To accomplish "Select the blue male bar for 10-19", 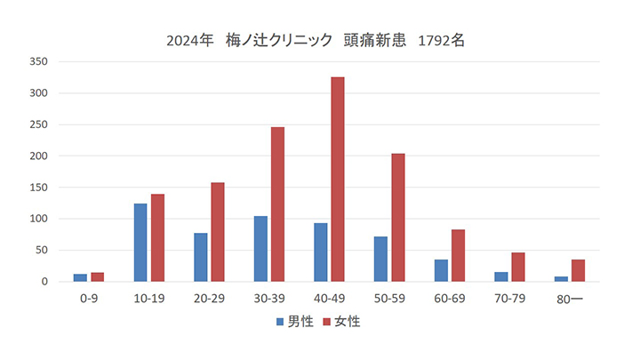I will coord(140,243).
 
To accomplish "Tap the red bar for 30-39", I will coord(277,204).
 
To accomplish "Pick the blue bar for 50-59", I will coord(380,260).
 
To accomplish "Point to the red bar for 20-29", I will coord(217,232).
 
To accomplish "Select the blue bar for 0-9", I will coord(80,278).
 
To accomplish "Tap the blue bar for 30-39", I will coord(260,249).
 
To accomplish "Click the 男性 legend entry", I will coord(294,322).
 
